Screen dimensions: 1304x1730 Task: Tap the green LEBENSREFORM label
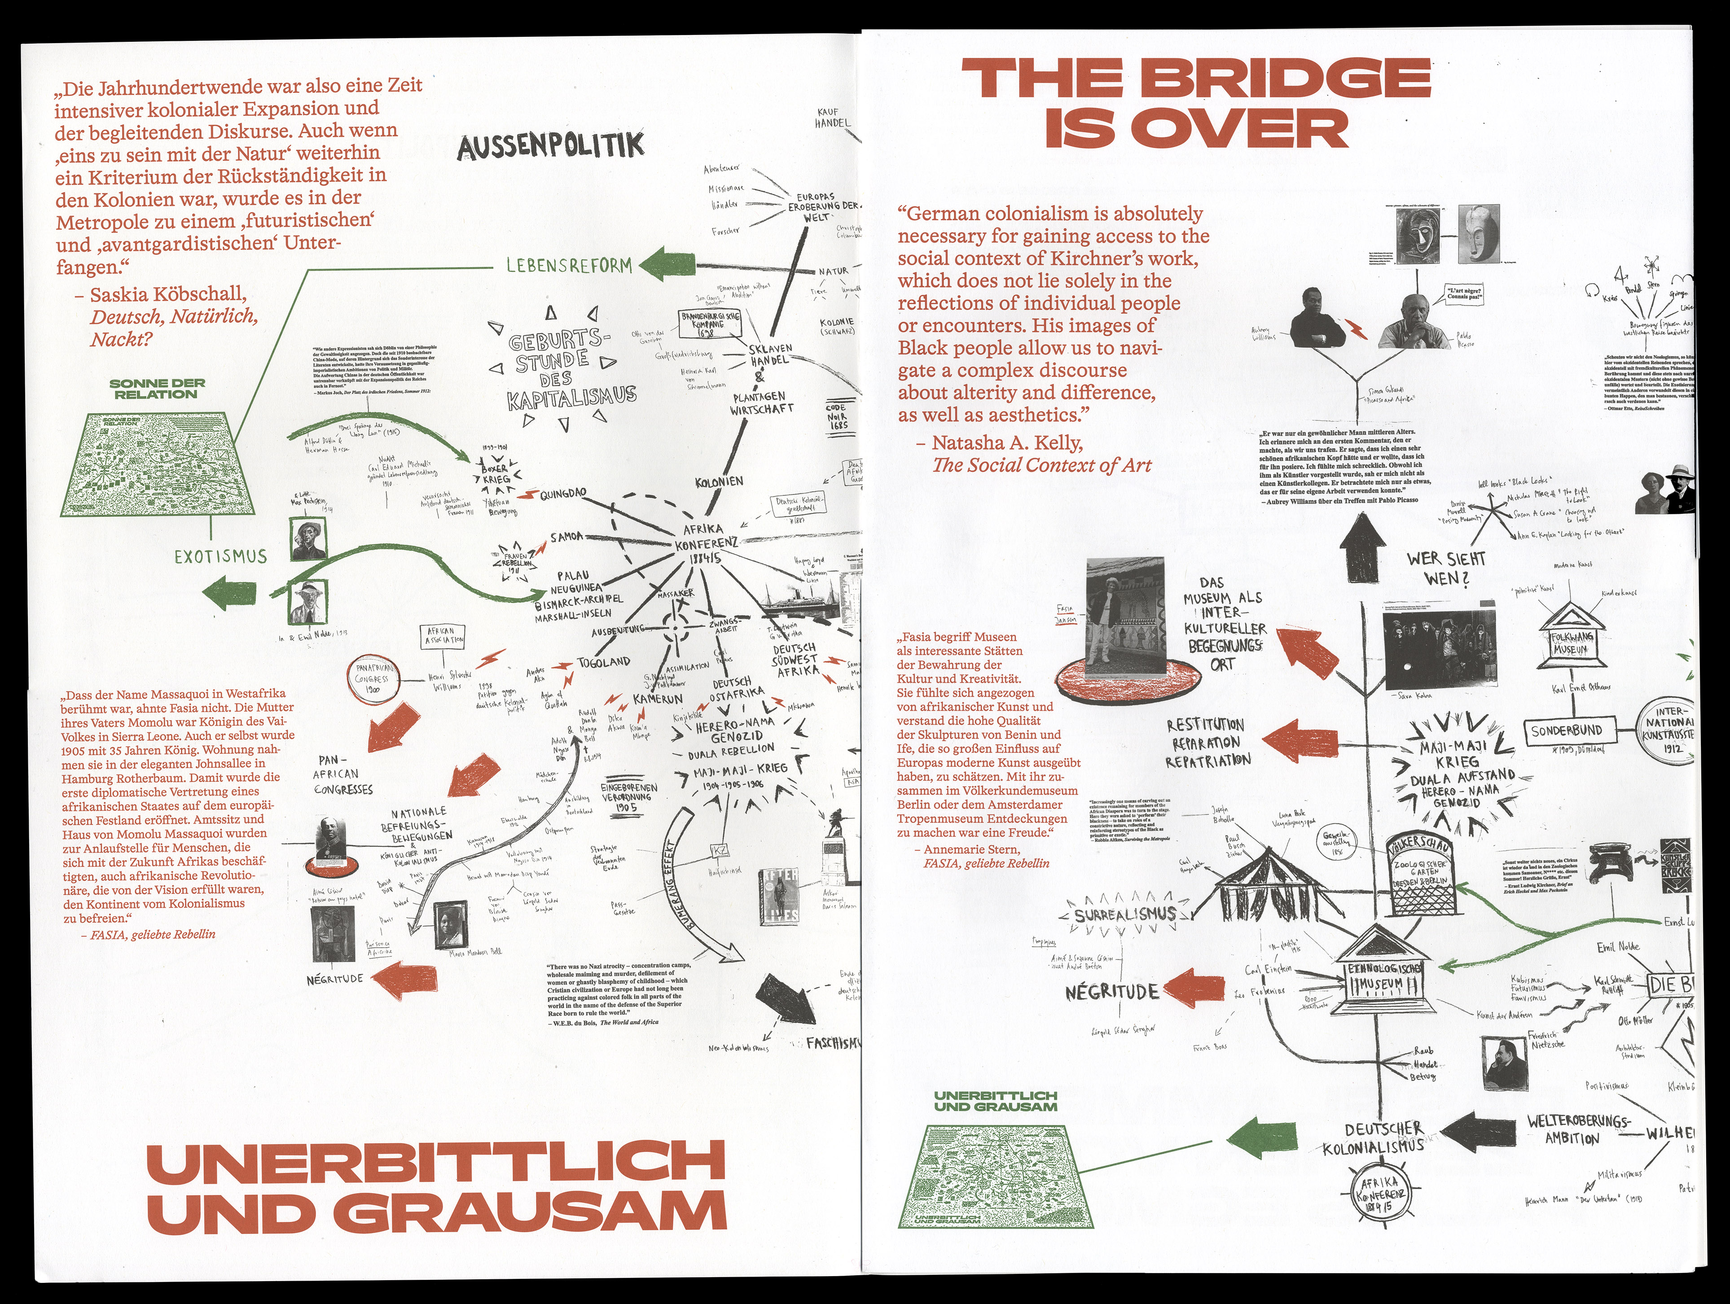point(569,266)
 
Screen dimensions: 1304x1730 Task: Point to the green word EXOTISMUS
point(220,556)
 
